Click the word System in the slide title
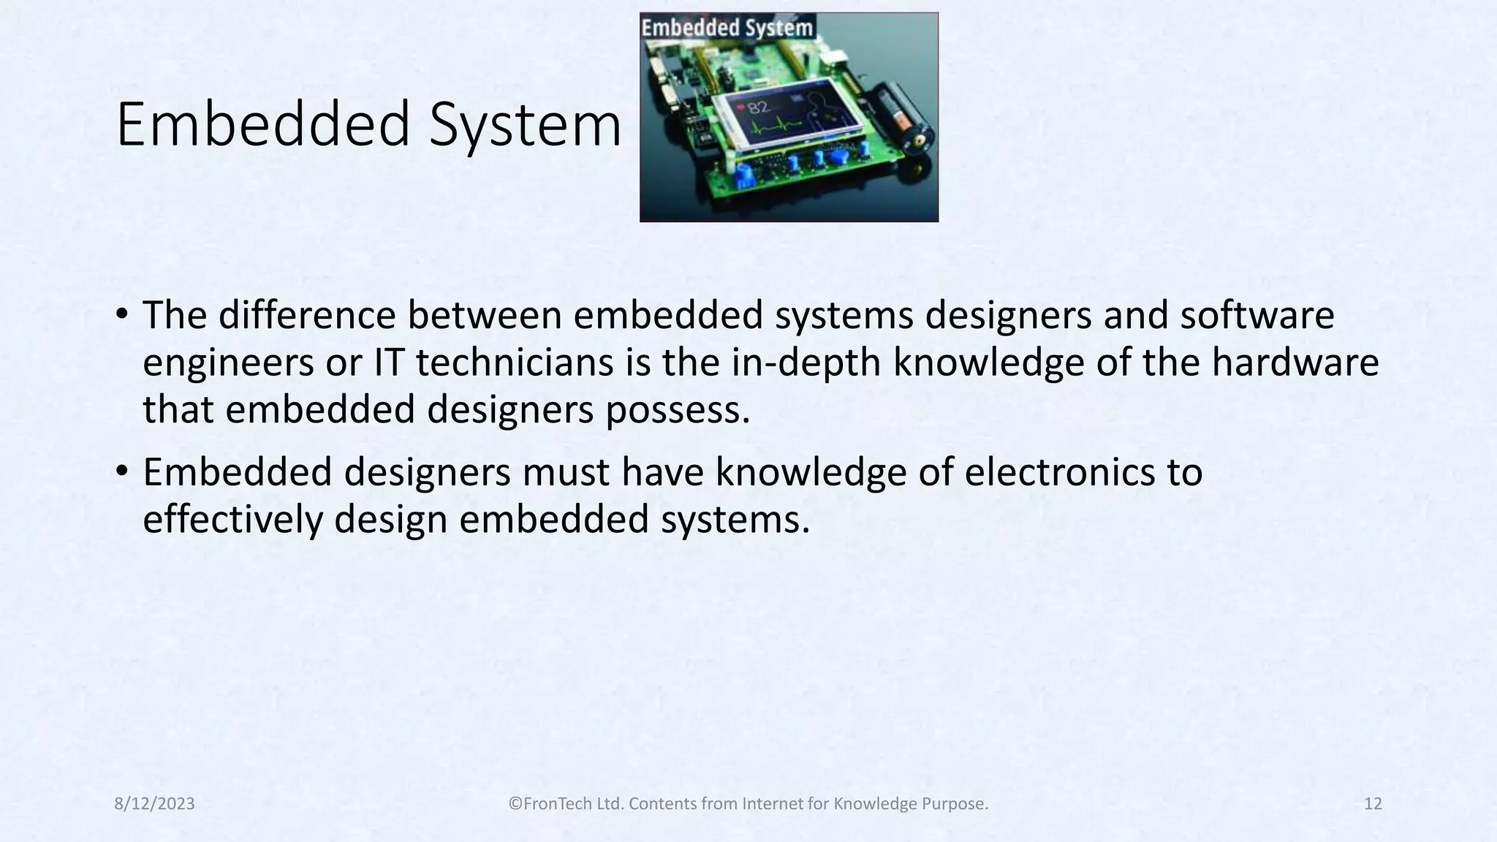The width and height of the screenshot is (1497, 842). [x=525, y=126]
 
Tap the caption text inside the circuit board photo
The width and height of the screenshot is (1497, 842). [x=727, y=28]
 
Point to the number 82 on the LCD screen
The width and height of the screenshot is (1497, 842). [x=758, y=107]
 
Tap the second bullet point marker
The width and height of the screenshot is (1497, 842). [x=121, y=472]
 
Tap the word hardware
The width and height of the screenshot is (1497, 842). [x=1295, y=363]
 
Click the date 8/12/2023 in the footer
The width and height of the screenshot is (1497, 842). [x=155, y=804]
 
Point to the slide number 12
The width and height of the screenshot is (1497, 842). [x=1373, y=804]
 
